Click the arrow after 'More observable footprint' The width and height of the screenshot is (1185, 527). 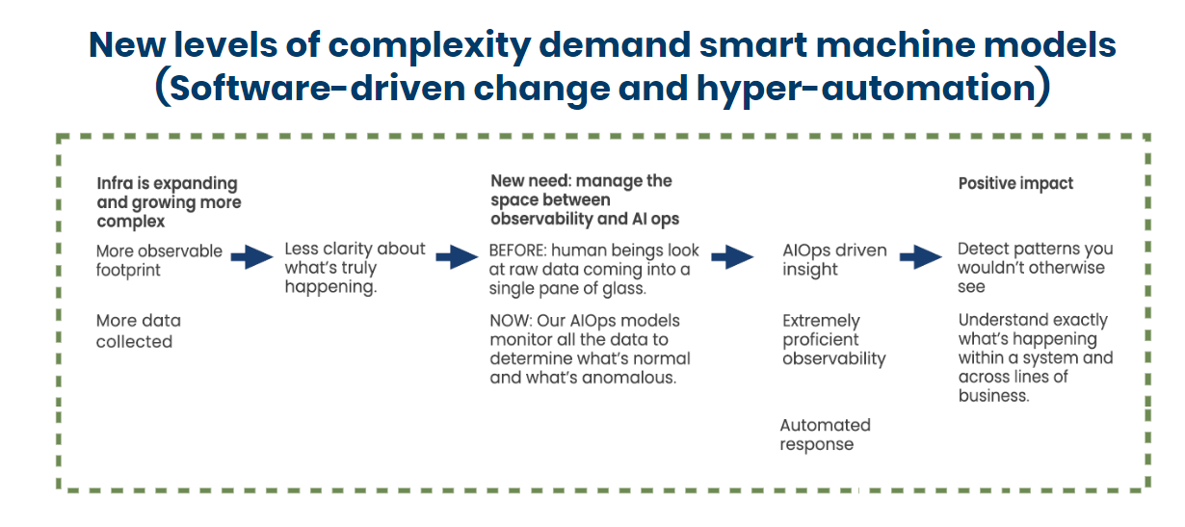252,257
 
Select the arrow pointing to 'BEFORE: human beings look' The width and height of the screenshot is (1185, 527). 457,257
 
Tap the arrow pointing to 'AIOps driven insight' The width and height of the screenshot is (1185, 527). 733,257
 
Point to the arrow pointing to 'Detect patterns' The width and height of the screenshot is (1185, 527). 921,257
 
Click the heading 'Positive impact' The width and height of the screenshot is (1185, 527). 1015,184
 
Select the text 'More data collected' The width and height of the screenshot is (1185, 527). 139,331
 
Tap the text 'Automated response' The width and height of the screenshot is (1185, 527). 826,435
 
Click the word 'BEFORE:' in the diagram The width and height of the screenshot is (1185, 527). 517,250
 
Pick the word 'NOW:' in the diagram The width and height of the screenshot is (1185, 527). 511,321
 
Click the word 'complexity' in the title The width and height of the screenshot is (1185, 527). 429,45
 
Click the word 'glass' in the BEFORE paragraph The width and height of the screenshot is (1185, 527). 623,289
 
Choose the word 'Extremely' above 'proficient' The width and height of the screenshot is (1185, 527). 821,321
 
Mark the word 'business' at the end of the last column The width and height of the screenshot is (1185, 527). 993,396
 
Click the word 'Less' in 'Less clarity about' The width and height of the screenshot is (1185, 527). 302,249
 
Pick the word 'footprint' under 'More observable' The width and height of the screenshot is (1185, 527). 128,271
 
